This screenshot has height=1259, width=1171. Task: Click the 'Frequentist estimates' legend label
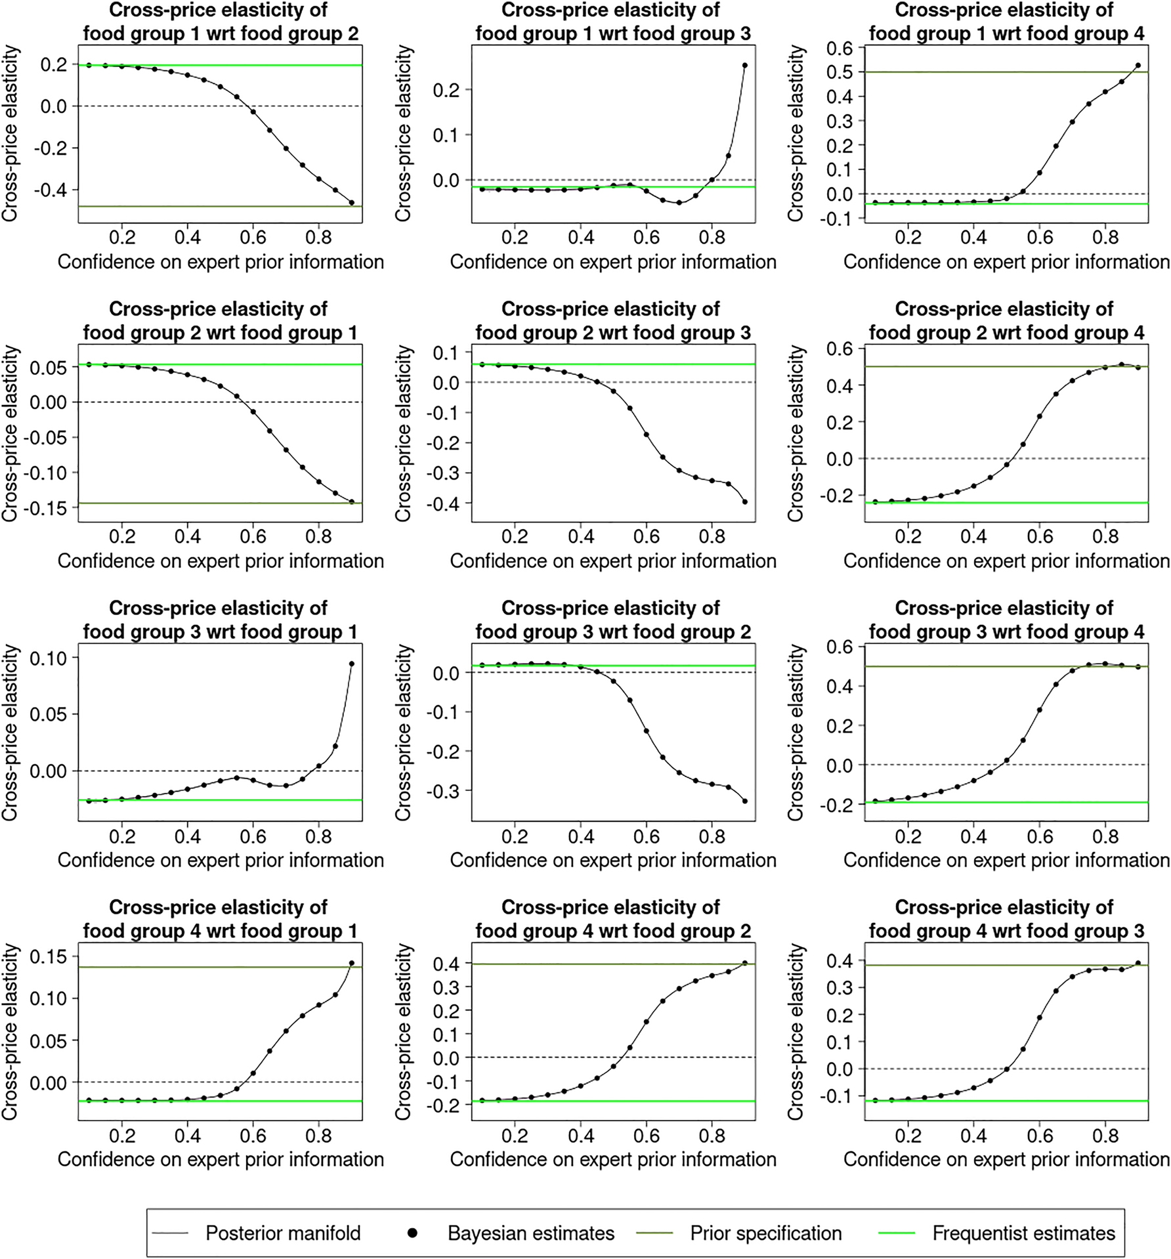(1023, 1233)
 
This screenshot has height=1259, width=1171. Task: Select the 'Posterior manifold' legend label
(283, 1233)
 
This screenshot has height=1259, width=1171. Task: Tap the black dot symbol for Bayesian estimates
(412, 1233)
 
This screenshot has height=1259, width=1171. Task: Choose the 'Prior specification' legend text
(765, 1233)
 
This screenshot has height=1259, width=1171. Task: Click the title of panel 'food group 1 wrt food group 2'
(219, 22)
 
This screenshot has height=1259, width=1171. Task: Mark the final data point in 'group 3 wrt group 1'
(351, 664)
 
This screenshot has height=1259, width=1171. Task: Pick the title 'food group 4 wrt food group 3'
(1006, 919)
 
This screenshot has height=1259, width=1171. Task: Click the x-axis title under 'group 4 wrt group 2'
(613, 1159)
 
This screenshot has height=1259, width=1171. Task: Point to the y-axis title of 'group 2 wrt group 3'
(403, 434)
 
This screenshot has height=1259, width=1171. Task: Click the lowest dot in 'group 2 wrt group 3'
(744, 502)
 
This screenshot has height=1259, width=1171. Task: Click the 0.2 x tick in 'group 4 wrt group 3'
(908, 1136)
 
